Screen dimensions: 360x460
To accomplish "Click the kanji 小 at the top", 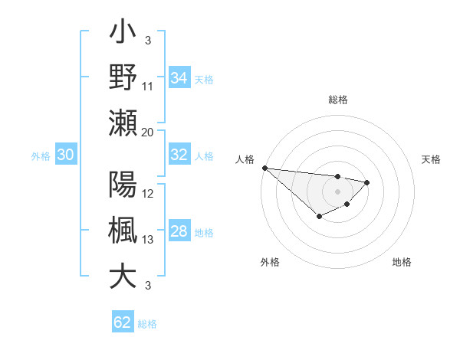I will pyautogui.click(x=123, y=34).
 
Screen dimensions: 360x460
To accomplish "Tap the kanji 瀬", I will pyautogui.click(x=123, y=123).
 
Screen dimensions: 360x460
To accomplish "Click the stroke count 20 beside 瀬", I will pyautogui.click(x=148, y=133).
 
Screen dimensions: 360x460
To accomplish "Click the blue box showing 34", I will pyautogui.click(x=179, y=78).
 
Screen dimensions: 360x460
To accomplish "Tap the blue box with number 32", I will pyautogui.click(x=179, y=155).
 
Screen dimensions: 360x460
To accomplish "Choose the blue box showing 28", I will pyautogui.click(x=179, y=232).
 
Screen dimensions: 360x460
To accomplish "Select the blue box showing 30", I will pyautogui.click(x=65, y=155).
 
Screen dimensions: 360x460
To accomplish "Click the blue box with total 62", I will pyautogui.click(x=123, y=322).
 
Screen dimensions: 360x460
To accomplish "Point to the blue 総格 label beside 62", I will pyautogui.click(x=147, y=324).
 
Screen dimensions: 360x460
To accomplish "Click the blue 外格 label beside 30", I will pyautogui.click(x=41, y=156).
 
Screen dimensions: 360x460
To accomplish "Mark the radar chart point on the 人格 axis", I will pyautogui.click(x=264, y=168).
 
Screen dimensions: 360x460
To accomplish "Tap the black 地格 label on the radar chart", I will pyautogui.click(x=402, y=262).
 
